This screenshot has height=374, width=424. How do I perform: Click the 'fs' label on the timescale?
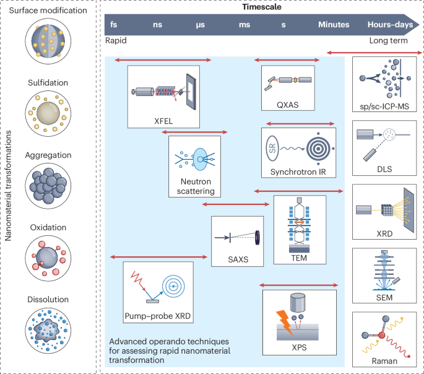pyautogui.click(x=113, y=25)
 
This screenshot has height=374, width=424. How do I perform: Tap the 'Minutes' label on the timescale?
pyautogui.click(x=334, y=25)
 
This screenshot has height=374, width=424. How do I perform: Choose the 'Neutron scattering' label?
pyautogui.click(x=194, y=187)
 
